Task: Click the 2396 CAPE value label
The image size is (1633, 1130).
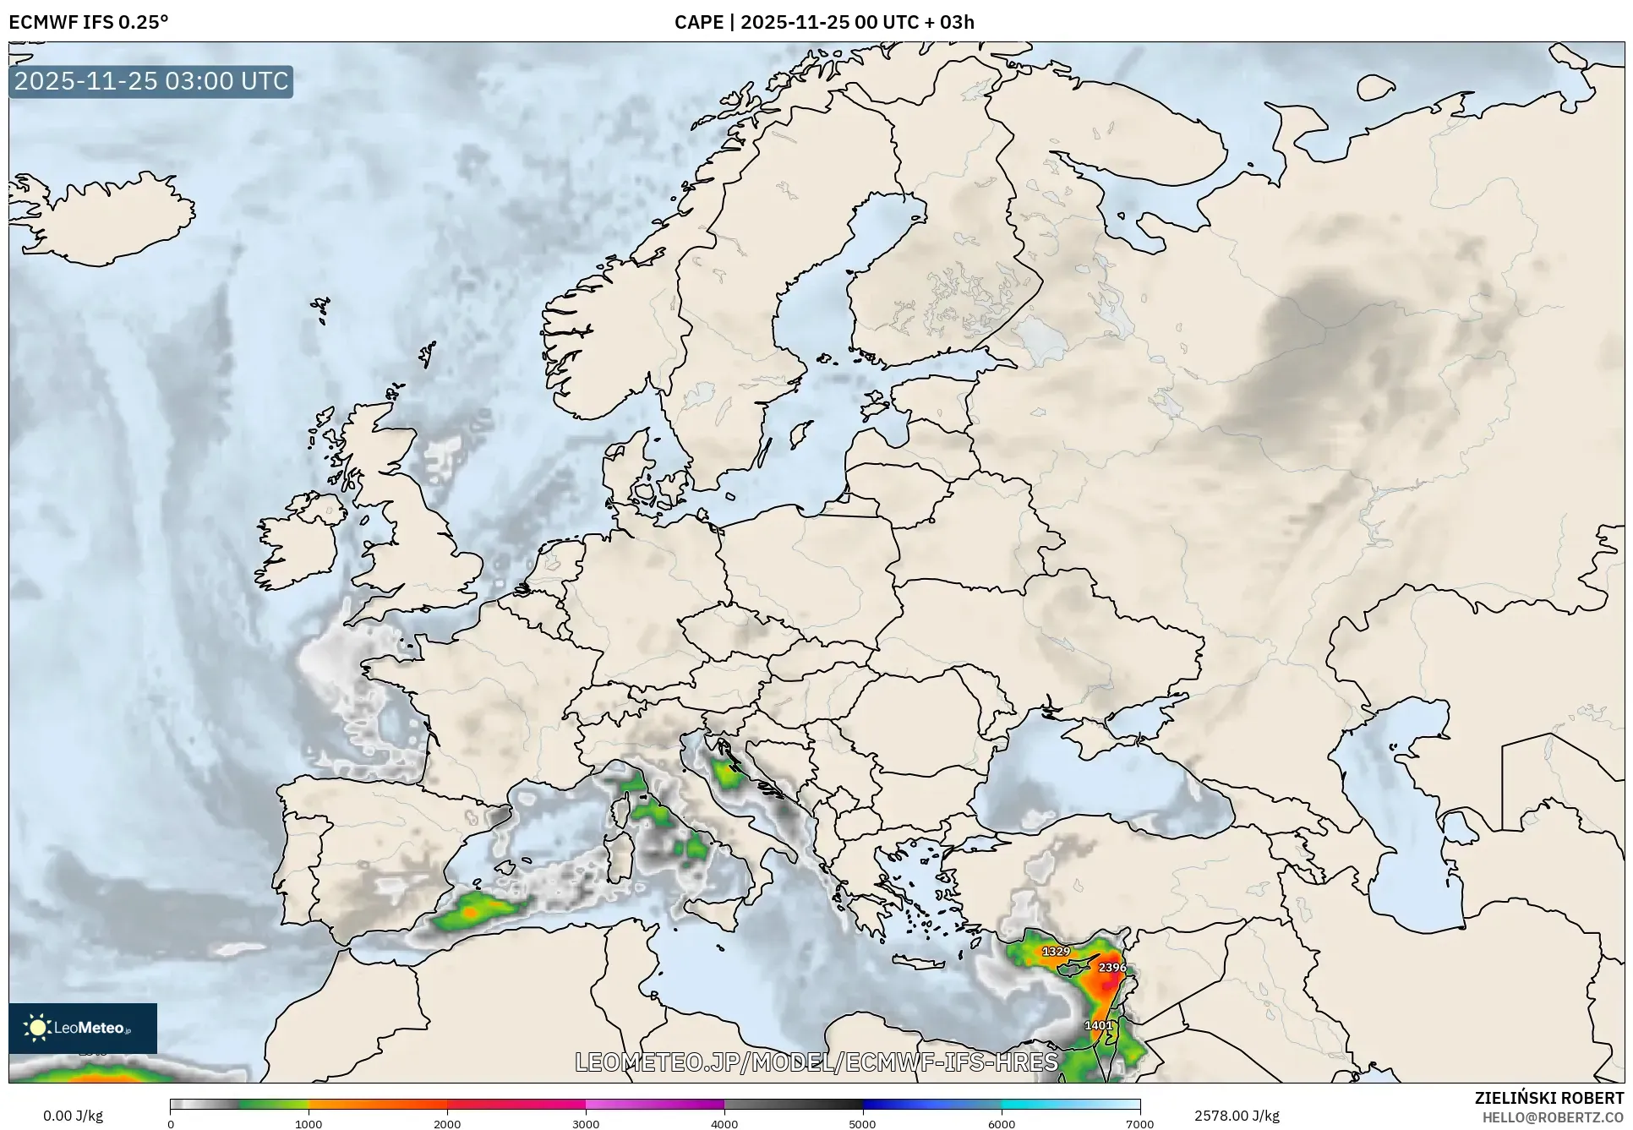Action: click(1111, 967)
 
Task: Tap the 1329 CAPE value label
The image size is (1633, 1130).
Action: click(1056, 951)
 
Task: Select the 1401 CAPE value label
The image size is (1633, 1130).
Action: click(1098, 1025)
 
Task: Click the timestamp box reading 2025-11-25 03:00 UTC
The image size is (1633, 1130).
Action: click(151, 81)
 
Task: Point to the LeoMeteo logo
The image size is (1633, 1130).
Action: click(83, 1028)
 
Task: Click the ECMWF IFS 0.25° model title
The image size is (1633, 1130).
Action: click(89, 22)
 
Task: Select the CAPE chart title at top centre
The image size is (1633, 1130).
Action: click(824, 22)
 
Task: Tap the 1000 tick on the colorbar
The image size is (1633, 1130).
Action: click(309, 1123)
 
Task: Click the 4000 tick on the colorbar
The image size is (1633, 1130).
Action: click(724, 1123)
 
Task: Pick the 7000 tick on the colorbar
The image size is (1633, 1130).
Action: click(1139, 1123)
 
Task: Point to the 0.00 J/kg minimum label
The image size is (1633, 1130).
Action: click(74, 1116)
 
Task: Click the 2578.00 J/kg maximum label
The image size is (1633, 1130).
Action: click(1237, 1116)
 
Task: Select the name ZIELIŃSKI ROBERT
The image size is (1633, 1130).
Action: click(1549, 1098)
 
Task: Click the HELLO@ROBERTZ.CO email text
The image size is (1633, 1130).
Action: click(1553, 1117)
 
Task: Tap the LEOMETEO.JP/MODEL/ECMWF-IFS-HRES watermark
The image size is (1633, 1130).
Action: click(816, 1062)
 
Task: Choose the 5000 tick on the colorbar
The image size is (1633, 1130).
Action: click(862, 1123)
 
